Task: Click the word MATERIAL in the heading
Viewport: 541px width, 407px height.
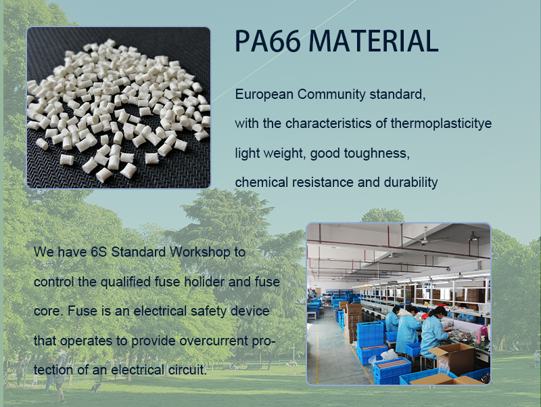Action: click(x=373, y=41)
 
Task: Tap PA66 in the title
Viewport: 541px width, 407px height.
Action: click(x=267, y=41)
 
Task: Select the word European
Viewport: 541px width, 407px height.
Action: click(x=264, y=95)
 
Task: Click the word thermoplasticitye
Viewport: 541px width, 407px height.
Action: click(x=441, y=124)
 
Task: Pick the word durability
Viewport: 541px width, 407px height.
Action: click(x=410, y=182)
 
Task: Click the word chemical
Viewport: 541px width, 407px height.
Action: click(x=261, y=182)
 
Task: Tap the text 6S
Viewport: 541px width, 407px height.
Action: click(x=99, y=252)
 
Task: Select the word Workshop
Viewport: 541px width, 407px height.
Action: click(x=199, y=253)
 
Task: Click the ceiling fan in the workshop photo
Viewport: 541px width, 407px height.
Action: click(x=426, y=238)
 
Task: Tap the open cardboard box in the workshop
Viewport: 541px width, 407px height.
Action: click(x=452, y=358)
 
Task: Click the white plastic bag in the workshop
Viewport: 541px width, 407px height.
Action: click(x=388, y=354)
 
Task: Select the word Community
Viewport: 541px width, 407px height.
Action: click(x=331, y=95)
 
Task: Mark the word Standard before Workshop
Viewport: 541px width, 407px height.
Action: click(x=139, y=252)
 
